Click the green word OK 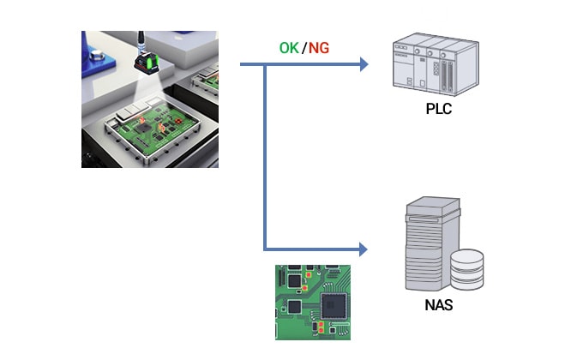tap(289, 48)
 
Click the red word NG tap(319, 48)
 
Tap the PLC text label tap(438, 110)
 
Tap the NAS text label tap(438, 303)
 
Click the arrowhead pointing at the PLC tap(364, 64)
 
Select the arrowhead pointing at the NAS tap(364, 249)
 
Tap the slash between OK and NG tap(304, 48)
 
